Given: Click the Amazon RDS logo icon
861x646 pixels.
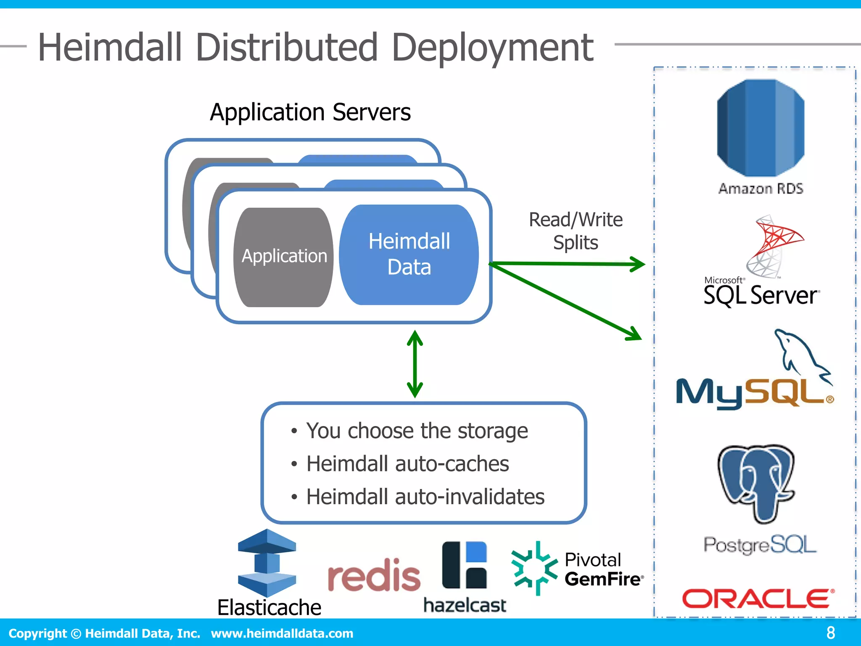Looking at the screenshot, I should click(760, 128).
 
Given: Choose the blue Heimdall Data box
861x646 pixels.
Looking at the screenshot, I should click(409, 254).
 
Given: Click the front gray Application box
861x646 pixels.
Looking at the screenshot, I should click(284, 257).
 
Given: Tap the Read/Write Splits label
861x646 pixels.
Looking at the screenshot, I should click(575, 231).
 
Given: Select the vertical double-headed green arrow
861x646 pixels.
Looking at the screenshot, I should click(415, 364).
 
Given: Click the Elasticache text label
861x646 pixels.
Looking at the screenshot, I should click(269, 607).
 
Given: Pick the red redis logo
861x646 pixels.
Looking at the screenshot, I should click(373, 575).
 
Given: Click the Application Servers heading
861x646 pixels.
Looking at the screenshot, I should click(310, 112).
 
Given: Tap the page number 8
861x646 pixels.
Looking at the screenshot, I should click(830, 633).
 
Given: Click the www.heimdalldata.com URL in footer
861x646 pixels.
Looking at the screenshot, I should click(282, 633).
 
